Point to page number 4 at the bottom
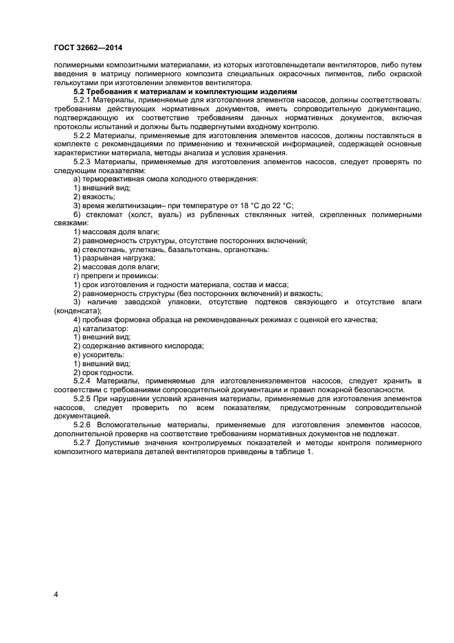point(56,594)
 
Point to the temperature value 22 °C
point(277,205)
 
